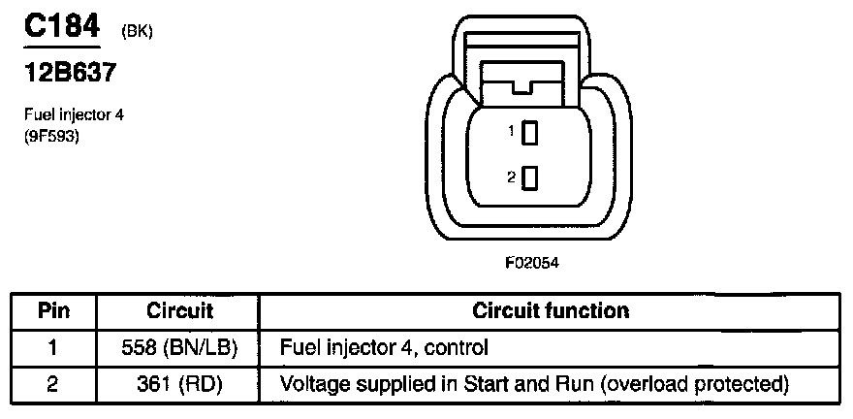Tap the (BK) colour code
tap(138, 32)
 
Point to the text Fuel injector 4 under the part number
tap(74, 114)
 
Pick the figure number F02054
tap(532, 262)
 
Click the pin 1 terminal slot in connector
tap(529, 133)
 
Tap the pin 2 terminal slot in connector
tap(529, 177)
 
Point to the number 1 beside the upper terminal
tap(511, 130)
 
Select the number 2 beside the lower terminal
tap(511, 176)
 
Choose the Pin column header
tap(53, 311)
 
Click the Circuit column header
tap(179, 311)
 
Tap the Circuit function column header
tap(551, 311)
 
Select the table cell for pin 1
tap(53, 346)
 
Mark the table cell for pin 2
tap(53, 384)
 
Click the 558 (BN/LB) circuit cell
tap(179, 346)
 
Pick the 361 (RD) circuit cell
tap(179, 384)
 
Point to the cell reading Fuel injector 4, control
tap(384, 346)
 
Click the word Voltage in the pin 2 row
tap(310, 384)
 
